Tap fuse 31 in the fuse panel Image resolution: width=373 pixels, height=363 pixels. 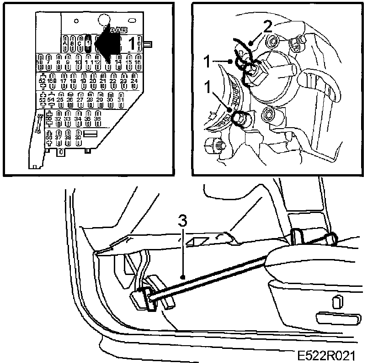121,99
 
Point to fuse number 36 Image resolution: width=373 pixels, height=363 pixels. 97,119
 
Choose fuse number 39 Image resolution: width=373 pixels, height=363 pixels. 79,137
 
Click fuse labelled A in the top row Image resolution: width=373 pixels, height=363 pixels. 65,42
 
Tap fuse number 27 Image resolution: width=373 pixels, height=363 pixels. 80,99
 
